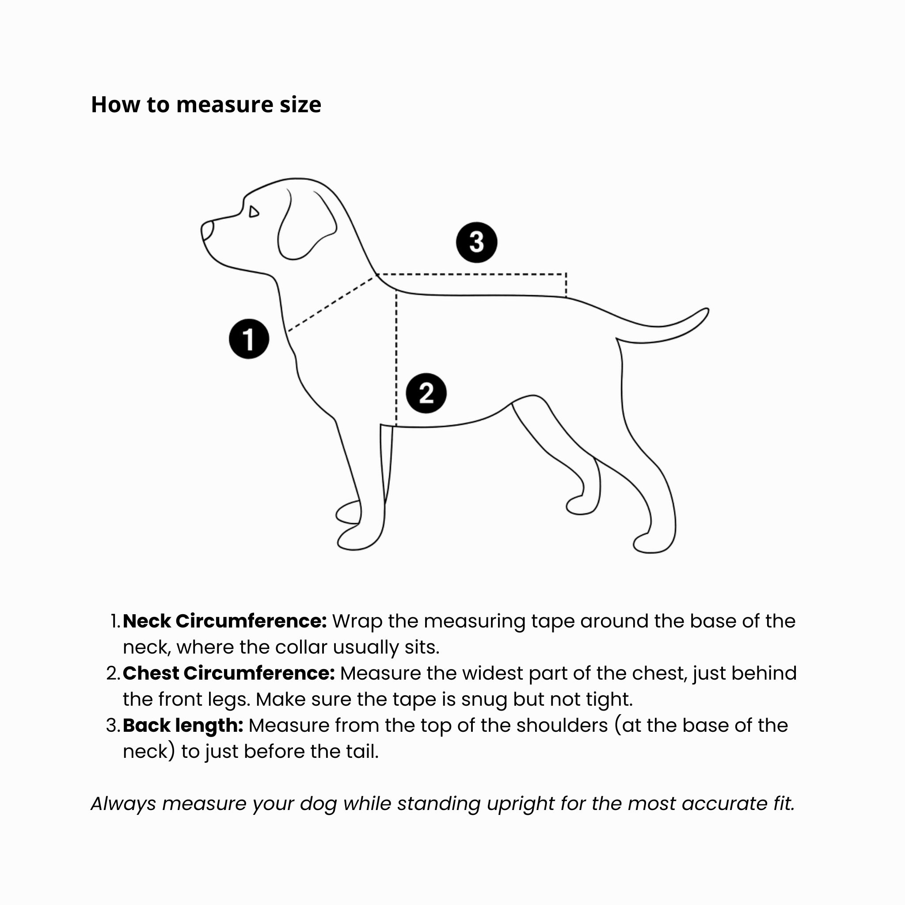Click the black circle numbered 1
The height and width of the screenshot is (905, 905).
pyautogui.click(x=249, y=339)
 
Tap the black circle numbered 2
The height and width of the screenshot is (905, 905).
pyautogui.click(x=426, y=393)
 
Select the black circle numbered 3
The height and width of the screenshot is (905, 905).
pyautogui.click(x=476, y=242)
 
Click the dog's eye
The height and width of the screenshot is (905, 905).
pyautogui.click(x=253, y=212)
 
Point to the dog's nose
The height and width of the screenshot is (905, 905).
pyautogui.click(x=206, y=230)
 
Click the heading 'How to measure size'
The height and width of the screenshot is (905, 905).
pyautogui.click(x=206, y=104)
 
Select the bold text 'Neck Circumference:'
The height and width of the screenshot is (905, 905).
pyautogui.click(x=225, y=621)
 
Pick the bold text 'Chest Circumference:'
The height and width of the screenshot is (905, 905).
pyautogui.click(x=229, y=673)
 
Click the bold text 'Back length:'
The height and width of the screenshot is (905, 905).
pyautogui.click(x=183, y=725)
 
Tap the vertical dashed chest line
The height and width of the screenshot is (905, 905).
pyautogui.click(x=396, y=356)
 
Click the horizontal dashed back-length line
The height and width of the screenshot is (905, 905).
pyautogui.click(x=471, y=274)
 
